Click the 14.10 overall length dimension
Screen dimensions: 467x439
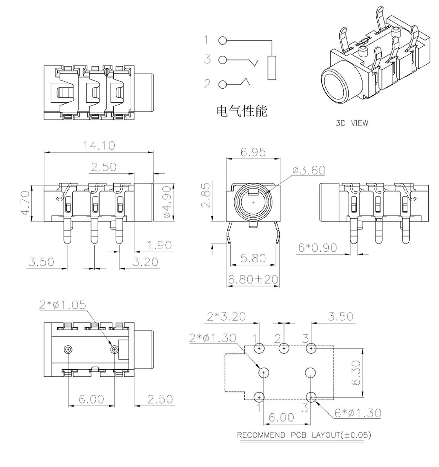click(99, 145)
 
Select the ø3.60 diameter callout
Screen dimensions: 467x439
click(308, 170)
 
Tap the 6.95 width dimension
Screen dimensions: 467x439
click(253, 152)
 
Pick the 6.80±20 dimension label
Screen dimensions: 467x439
click(253, 279)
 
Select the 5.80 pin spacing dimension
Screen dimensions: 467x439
click(253, 258)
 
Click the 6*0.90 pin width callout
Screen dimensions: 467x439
click(318, 247)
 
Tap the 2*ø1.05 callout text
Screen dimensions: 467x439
click(63, 304)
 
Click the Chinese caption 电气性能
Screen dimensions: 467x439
click(242, 111)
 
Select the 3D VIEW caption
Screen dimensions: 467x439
click(352, 123)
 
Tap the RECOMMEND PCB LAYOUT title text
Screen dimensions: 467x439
click(304, 435)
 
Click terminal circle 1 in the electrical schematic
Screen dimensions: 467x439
click(222, 40)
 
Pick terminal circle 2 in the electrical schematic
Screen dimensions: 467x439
click(222, 84)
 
